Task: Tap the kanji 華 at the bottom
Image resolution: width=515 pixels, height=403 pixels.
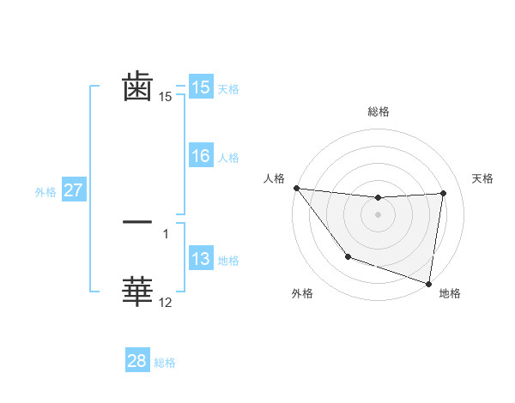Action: pos(137,292)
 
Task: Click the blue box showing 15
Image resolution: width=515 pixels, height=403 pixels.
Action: pos(201,87)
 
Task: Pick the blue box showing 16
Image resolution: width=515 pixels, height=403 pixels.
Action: pos(201,156)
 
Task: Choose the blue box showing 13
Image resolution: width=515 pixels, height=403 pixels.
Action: pos(201,259)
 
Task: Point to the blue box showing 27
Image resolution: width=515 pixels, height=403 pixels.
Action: pos(73,190)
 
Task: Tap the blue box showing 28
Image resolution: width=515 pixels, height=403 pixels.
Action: pos(137,361)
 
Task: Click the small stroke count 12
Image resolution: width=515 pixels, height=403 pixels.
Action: pos(166,303)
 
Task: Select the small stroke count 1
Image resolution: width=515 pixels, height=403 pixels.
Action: pos(166,233)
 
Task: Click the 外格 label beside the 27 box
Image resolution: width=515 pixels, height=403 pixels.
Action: pos(45,192)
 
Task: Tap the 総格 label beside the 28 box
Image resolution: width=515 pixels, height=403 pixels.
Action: pos(165,363)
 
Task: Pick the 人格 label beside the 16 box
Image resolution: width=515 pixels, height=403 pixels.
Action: pos(228,158)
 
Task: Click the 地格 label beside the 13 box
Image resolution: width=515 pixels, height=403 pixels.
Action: pos(228,261)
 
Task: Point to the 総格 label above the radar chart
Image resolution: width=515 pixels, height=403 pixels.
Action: pos(378,111)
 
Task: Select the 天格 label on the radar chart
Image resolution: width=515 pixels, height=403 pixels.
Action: pos(483,178)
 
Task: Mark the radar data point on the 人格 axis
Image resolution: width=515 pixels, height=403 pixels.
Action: pos(296,188)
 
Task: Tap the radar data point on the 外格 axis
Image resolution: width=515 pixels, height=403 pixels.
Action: pos(348,256)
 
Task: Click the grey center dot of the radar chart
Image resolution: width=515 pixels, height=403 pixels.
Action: pos(378,214)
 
